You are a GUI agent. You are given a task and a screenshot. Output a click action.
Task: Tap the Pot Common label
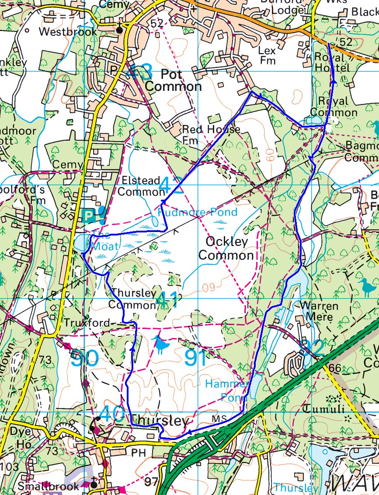click(173, 80)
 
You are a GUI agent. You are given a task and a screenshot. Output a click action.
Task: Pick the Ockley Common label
click(226, 248)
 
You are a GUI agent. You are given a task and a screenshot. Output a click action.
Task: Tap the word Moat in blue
click(104, 246)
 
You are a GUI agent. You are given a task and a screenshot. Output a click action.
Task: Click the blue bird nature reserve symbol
click(161, 345)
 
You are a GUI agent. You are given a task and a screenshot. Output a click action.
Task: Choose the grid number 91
click(195, 357)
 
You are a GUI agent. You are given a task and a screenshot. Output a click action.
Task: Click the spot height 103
click(8, 467)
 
